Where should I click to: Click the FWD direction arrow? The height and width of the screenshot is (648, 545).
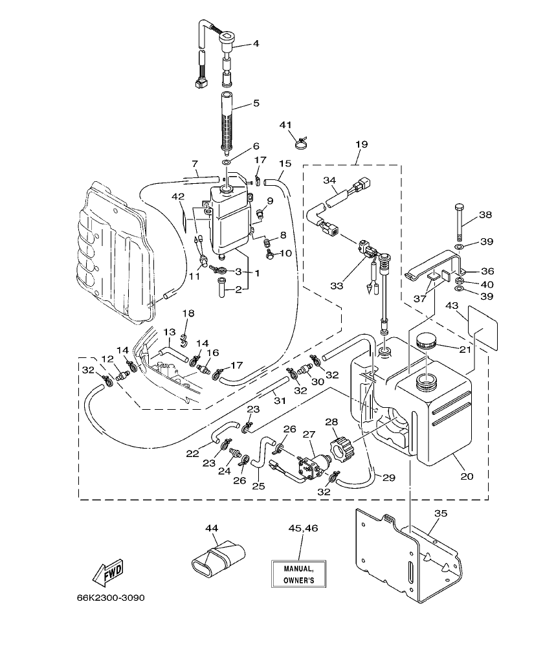(x=107, y=572)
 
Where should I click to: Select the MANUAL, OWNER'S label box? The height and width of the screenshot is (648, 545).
(x=298, y=574)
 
